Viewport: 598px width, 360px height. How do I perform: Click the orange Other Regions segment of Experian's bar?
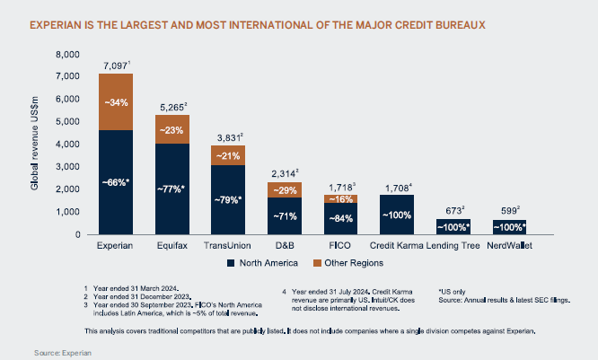tap(116, 102)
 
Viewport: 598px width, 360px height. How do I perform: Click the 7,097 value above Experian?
tap(116, 66)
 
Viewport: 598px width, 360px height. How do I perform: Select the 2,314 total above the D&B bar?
tap(282, 171)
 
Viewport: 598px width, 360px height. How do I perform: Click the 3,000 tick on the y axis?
tap(68, 167)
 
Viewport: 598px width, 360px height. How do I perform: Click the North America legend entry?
tap(269, 263)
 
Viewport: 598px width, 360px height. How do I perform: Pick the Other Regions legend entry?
tap(347, 263)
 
